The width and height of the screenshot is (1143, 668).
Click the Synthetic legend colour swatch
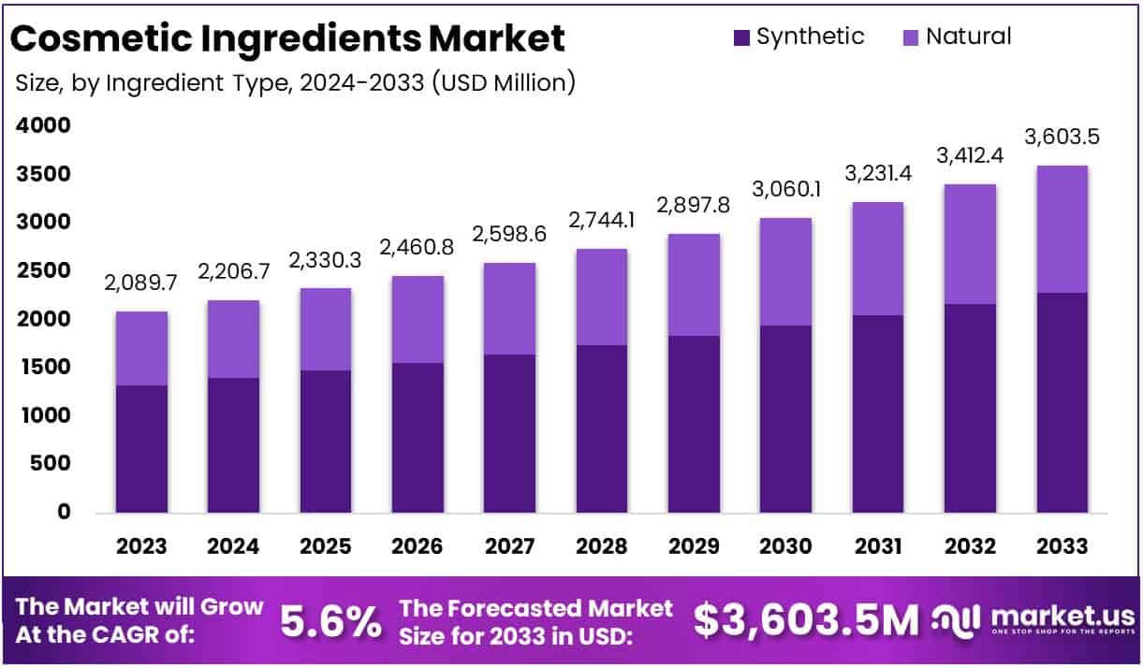tap(742, 38)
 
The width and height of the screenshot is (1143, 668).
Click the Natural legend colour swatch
tap(912, 38)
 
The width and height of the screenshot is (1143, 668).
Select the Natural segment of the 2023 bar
tap(141, 348)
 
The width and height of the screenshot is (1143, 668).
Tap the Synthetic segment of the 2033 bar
tap(1062, 402)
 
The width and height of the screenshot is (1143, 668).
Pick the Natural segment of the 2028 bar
tap(602, 297)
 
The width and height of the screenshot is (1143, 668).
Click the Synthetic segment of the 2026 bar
tap(418, 437)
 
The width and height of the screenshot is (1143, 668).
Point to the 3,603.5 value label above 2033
tap(1062, 137)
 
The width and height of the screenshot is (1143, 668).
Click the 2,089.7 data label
tap(141, 283)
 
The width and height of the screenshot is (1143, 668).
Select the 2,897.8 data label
tap(694, 205)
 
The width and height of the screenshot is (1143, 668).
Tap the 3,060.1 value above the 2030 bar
tap(785, 190)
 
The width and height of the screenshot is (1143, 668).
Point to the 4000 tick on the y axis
tap(44, 125)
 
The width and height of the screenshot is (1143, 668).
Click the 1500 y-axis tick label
tap(44, 367)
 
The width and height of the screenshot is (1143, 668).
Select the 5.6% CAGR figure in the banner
tap(330, 620)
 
